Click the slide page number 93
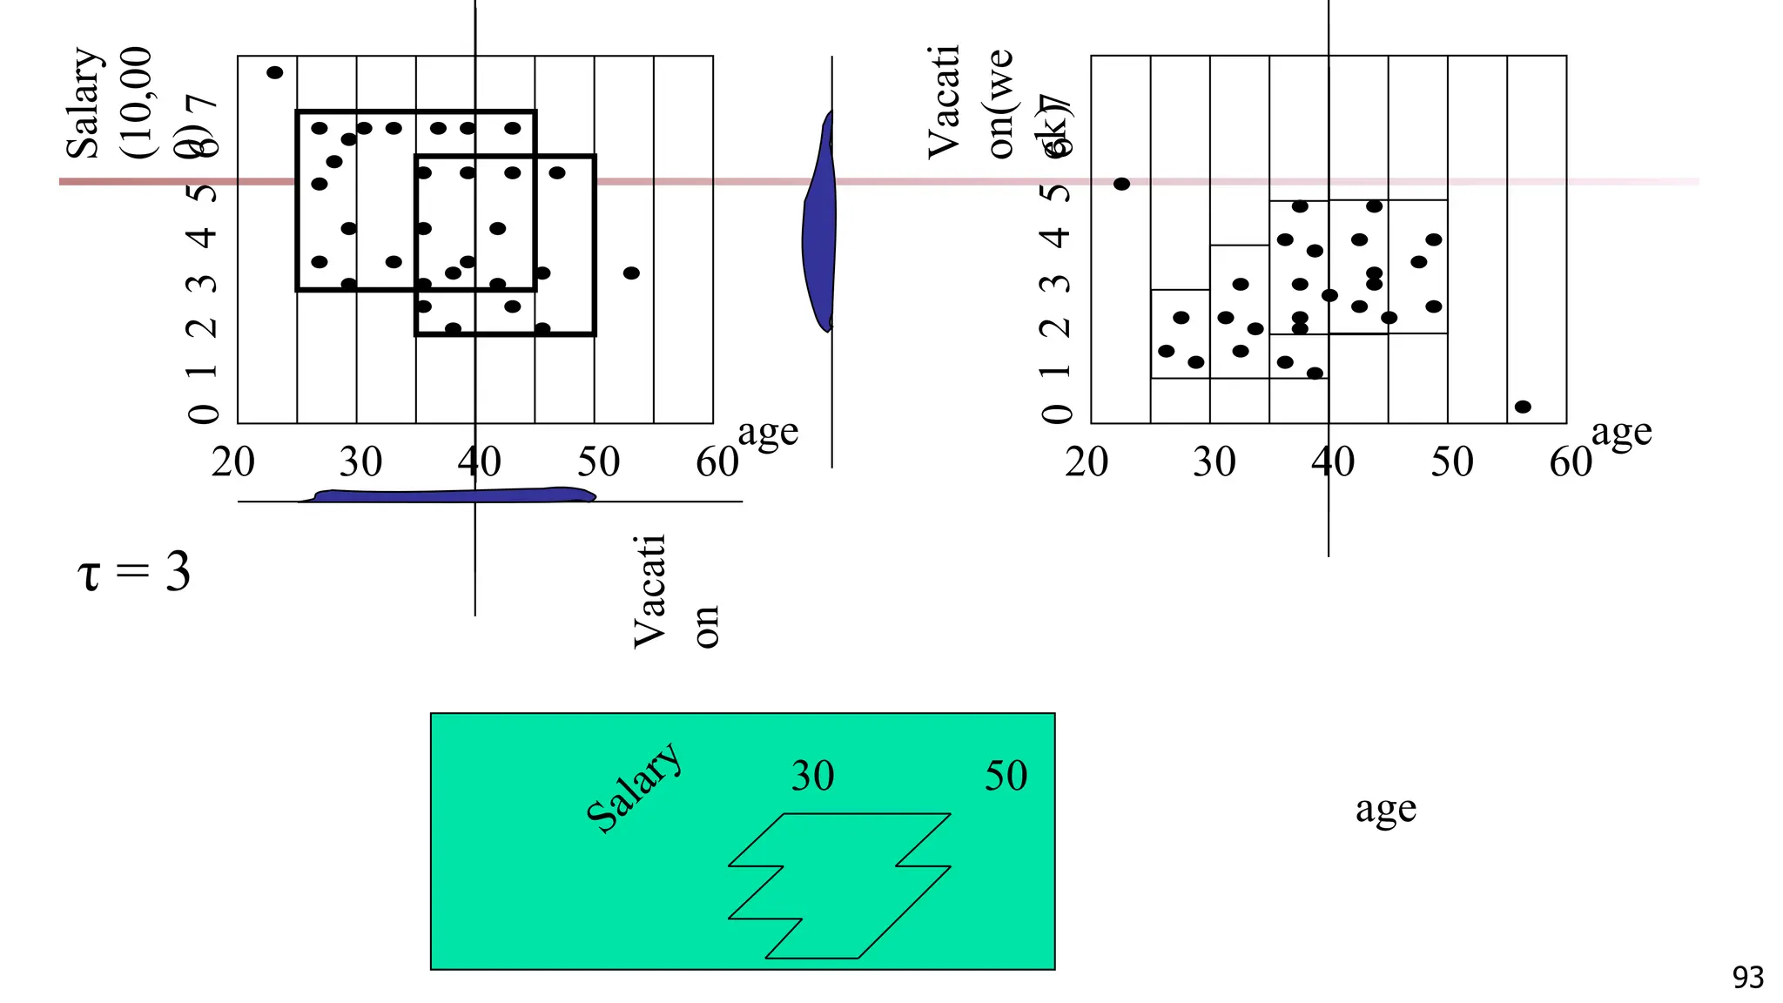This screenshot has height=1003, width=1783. click(x=1747, y=978)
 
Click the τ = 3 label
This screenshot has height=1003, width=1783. click(x=134, y=573)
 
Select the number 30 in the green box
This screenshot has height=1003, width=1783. click(x=812, y=776)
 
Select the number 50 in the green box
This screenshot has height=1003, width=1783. click(x=1006, y=776)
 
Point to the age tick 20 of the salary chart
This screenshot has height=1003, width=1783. click(x=233, y=462)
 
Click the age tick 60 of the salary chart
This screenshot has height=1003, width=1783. click(x=717, y=462)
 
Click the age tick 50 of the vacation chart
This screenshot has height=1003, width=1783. click(x=1451, y=462)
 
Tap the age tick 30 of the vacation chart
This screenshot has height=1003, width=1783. click(x=1214, y=462)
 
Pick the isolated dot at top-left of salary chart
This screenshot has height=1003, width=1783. click(x=274, y=73)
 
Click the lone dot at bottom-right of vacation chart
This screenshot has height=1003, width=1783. click(x=1523, y=407)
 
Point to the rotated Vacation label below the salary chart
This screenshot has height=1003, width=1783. click(x=675, y=592)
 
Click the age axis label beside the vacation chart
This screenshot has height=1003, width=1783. click(x=1621, y=433)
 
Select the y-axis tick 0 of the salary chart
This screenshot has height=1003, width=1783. click(x=203, y=414)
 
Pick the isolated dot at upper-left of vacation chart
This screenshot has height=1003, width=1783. click(x=1121, y=184)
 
